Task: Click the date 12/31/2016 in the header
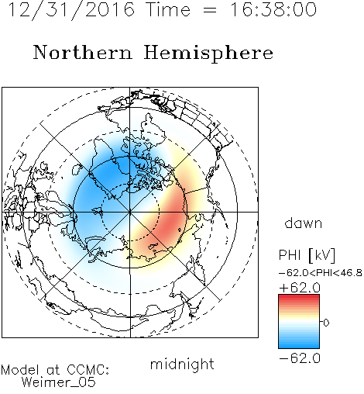coord(71,10)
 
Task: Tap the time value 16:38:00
coord(273,10)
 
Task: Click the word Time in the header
coord(168,10)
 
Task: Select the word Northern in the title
coord(83,53)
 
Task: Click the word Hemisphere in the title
coord(208,54)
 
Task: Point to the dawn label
coord(304,223)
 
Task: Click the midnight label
coord(182,365)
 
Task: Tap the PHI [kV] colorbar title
coord(307,255)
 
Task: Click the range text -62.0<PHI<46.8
coord(321,273)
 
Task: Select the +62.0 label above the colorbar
coord(300,288)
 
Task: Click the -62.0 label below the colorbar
coord(300,358)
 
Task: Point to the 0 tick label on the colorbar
coord(326,323)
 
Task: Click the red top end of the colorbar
coord(299,296)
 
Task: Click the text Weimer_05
coord(58,382)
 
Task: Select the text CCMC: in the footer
coord(88,370)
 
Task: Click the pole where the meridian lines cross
coord(130,212)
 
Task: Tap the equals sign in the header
coord(210,10)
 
